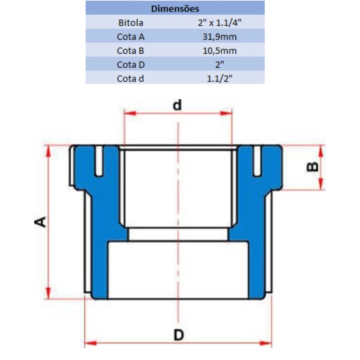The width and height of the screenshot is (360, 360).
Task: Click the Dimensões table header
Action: click(175, 9)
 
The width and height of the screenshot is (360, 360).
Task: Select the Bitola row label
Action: click(131, 23)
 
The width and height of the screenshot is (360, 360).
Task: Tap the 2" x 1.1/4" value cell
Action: click(220, 23)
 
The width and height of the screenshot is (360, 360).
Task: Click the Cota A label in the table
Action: click(131, 37)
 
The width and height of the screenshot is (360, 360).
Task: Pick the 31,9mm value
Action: click(220, 37)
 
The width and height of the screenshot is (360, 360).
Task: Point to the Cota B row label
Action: click(130, 51)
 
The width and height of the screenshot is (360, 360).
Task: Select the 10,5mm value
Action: click(220, 51)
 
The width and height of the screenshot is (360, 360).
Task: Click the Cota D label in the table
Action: click(131, 65)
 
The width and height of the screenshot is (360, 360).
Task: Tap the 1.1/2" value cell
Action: click(220, 79)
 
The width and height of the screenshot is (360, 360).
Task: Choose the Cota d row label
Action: click(130, 79)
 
